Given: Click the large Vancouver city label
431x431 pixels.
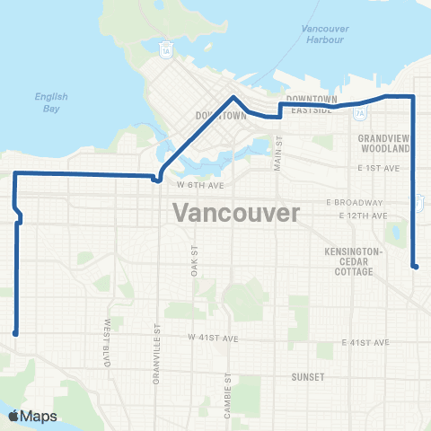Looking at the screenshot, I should pos(234,214).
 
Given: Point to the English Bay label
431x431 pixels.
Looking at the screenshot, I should pos(47,101).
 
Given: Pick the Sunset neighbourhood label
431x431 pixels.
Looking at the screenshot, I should pos(307,378).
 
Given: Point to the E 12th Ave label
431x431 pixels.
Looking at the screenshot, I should pos(364,216).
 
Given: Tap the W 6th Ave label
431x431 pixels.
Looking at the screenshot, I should pos(198,184).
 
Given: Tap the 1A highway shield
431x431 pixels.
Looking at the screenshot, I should pos(166,49).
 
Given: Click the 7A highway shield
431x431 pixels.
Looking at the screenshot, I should pos(360,114).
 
